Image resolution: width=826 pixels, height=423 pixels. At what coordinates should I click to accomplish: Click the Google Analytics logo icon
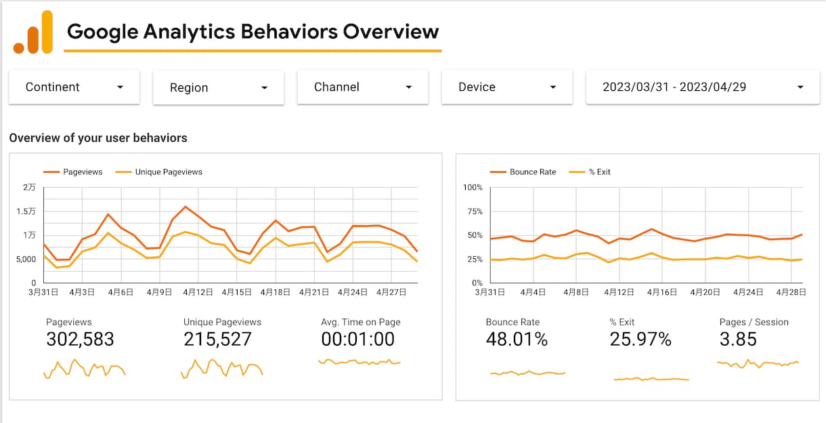click(33, 32)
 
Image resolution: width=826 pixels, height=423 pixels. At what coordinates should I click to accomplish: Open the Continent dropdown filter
click(74, 87)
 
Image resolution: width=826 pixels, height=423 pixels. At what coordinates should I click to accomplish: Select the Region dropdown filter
click(218, 87)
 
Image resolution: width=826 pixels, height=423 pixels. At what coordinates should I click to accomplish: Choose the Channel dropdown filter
click(363, 87)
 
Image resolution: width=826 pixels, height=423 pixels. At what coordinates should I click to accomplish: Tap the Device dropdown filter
click(507, 87)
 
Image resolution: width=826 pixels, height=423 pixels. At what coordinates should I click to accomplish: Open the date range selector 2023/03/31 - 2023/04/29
click(703, 87)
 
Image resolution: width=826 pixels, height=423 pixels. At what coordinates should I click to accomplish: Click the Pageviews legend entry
click(73, 172)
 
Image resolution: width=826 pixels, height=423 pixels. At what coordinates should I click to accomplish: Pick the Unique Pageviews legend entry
click(159, 172)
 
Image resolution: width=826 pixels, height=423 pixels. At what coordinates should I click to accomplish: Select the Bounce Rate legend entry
click(523, 172)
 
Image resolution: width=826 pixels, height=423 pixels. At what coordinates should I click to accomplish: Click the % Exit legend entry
click(590, 172)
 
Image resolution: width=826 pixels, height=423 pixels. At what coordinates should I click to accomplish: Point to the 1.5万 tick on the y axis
click(26, 211)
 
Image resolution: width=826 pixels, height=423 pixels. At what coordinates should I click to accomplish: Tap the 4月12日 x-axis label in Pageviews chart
click(198, 292)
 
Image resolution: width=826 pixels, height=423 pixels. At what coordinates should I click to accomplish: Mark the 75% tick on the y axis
click(475, 211)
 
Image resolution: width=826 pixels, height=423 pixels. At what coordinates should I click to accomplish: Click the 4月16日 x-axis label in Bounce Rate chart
click(662, 292)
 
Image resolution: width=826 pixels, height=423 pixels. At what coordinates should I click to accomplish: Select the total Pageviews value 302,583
click(80, 339)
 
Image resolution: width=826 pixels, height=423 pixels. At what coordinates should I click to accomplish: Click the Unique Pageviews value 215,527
click(217, 339)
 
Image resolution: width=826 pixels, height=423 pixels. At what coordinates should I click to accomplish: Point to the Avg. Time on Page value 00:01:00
click(357, 339)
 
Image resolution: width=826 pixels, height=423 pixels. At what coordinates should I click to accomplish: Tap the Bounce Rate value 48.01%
click(517, 339)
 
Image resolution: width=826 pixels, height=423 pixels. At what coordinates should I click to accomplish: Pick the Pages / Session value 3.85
click(738, 339)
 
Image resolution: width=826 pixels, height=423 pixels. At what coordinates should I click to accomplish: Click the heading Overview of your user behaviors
click(98, 138)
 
